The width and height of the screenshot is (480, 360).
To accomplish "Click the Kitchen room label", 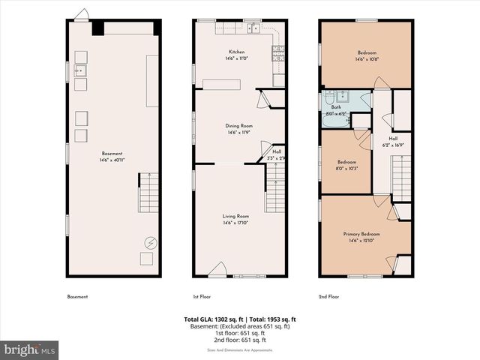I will point(237,52).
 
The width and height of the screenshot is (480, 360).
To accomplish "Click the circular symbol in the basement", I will point(149,243).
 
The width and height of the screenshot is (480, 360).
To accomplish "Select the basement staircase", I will point(148,192).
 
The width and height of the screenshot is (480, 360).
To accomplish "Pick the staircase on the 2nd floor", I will point(402,176).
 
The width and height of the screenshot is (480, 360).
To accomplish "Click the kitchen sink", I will point(255,29).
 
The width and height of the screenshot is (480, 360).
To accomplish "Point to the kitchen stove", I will point(278,52).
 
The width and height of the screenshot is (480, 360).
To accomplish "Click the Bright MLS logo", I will point(30,349).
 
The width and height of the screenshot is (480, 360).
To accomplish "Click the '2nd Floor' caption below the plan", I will point(328,297).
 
